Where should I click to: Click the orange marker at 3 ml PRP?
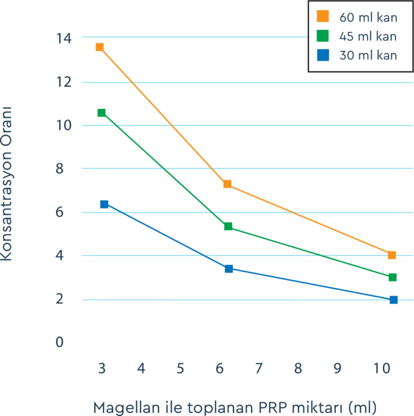tap(100, 47)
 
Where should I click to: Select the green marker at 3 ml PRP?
tap(101, 113)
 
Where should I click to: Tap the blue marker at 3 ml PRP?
tap(104, 204)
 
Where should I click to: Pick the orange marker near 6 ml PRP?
tap(227, 184)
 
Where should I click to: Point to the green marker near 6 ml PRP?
tap(228, 226)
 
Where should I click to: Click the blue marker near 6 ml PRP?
tap(229, 268)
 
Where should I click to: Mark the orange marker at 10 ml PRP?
tap(392, 255)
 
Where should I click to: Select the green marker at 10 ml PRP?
tap(392, 277)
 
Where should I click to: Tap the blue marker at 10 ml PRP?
tap(394, 300)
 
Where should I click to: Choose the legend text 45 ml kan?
tap(368, 37)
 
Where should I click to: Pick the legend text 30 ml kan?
tap(368, 55)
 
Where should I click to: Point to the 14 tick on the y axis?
tap(63, 38)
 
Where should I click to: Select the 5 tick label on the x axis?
tap(180, 369)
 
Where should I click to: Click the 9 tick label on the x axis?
tap(337, 369)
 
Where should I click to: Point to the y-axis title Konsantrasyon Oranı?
tap(7, 183)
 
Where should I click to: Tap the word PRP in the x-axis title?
tap(260, 406)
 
